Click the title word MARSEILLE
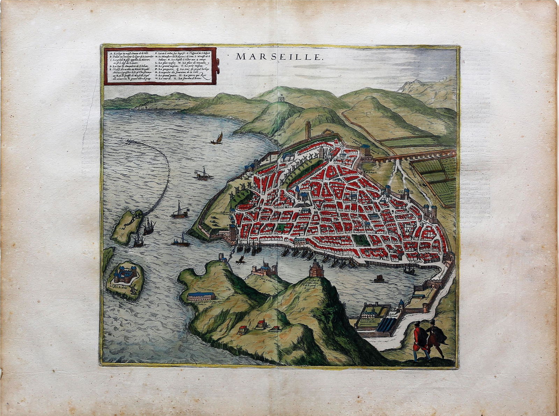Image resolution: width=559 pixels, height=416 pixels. click(x=278, y=57)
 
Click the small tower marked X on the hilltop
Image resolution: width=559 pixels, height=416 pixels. click(x=281, y=100)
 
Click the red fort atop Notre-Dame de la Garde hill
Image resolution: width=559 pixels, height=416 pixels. click(x=316, y=270)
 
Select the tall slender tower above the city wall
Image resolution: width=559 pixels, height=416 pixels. click(x=307, y=130)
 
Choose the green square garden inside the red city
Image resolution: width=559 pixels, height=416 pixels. click(x=358, y=240)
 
